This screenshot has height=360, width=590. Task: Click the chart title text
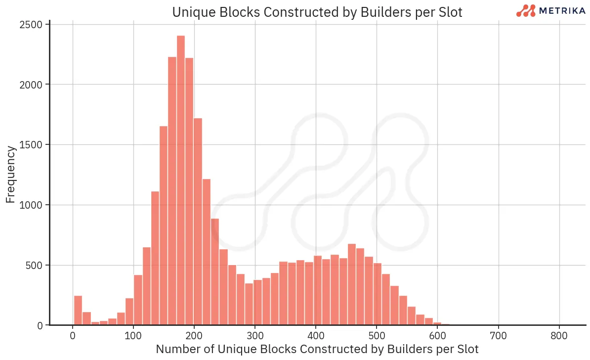coord(317,12)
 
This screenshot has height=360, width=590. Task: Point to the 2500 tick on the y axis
coord(32,24)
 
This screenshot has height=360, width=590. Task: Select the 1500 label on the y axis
coord(32,145)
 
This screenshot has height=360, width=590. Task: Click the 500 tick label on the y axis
coord(35,266)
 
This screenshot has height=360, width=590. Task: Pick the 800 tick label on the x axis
coord(559,335)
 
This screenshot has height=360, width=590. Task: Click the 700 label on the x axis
coord(498,335)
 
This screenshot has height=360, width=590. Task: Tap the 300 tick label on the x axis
coord(255,335)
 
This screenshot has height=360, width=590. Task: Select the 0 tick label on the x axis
coord(73,335)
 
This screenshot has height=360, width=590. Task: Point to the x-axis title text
coord(317,349)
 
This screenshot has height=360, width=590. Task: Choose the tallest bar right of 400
coord(352,284)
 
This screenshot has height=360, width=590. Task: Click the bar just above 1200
coord(207,252)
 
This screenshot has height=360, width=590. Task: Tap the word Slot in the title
coord(450,12)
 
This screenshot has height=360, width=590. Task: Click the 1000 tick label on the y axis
coord(32,205)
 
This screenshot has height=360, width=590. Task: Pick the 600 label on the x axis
coord(437,335)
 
